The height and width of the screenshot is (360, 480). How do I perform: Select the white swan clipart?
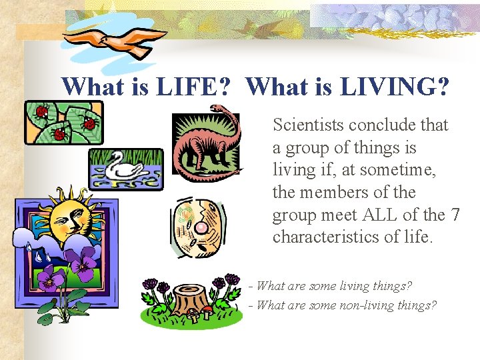point(124,167)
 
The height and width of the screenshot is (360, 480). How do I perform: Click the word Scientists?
point(308,125)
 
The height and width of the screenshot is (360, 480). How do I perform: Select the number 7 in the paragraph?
point(455,215)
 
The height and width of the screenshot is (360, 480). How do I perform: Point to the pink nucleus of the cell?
point(199,228)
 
